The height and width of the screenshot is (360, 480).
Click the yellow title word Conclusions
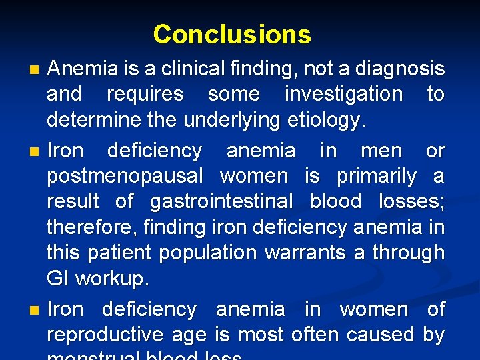(x=232, y=34)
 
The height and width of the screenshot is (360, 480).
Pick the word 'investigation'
(x=343, y=94)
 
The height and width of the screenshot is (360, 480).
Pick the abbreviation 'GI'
(x=58, y=279)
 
